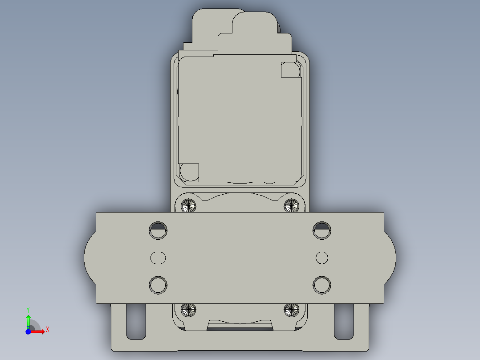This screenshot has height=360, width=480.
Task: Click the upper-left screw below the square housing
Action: click(x=189, y=205)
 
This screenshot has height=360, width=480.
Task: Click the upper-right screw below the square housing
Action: click(x=291, y=205)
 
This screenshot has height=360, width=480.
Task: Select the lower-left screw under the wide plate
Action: click(x=189, y=309)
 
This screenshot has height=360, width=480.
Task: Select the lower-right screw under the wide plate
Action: click(x=291, y=309)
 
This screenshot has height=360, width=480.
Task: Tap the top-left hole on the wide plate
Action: click(x=158, y=230)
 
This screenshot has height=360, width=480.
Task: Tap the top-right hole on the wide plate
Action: click(x=321, y=230)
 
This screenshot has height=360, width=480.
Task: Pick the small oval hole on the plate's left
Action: click(x=158, y=258)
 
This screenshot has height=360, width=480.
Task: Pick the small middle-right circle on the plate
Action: click(x=321, y=258)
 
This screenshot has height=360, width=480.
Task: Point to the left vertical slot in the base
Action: click(x=136, y=321)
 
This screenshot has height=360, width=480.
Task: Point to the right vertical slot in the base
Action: click(x=344, y=321)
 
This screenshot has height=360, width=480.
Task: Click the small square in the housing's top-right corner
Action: click(x=290, y=70)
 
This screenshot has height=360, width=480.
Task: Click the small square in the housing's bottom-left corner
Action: click(x=189, y=172)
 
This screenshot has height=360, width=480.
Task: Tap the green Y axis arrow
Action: click(x=28, y=318)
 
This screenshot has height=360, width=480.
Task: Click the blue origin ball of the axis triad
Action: click(x=28, y=331)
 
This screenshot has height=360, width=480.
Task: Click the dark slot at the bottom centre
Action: click(x=240, y=329)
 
